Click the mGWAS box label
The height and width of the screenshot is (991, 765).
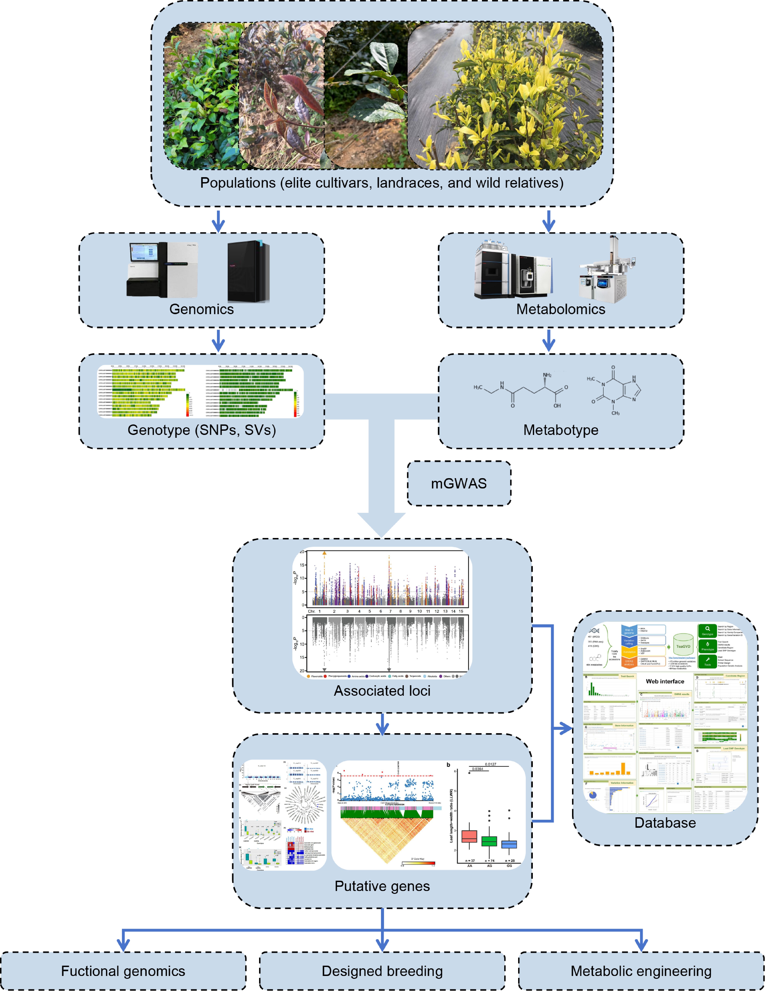459,483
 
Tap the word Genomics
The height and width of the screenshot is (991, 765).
202,309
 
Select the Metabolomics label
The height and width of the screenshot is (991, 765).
560,309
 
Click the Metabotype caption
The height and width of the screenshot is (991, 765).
560,430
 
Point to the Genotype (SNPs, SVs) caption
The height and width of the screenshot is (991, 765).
202,430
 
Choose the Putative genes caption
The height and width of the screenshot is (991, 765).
382,886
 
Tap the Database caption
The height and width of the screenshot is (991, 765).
665,823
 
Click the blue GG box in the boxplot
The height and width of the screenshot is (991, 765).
509,845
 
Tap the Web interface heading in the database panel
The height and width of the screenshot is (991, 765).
665,682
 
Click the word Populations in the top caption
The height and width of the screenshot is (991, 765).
238,183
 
